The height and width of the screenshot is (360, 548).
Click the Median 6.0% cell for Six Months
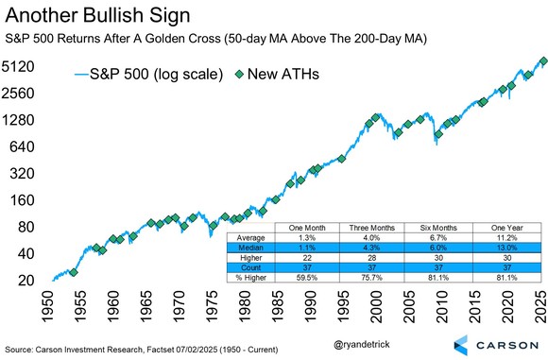440,249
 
